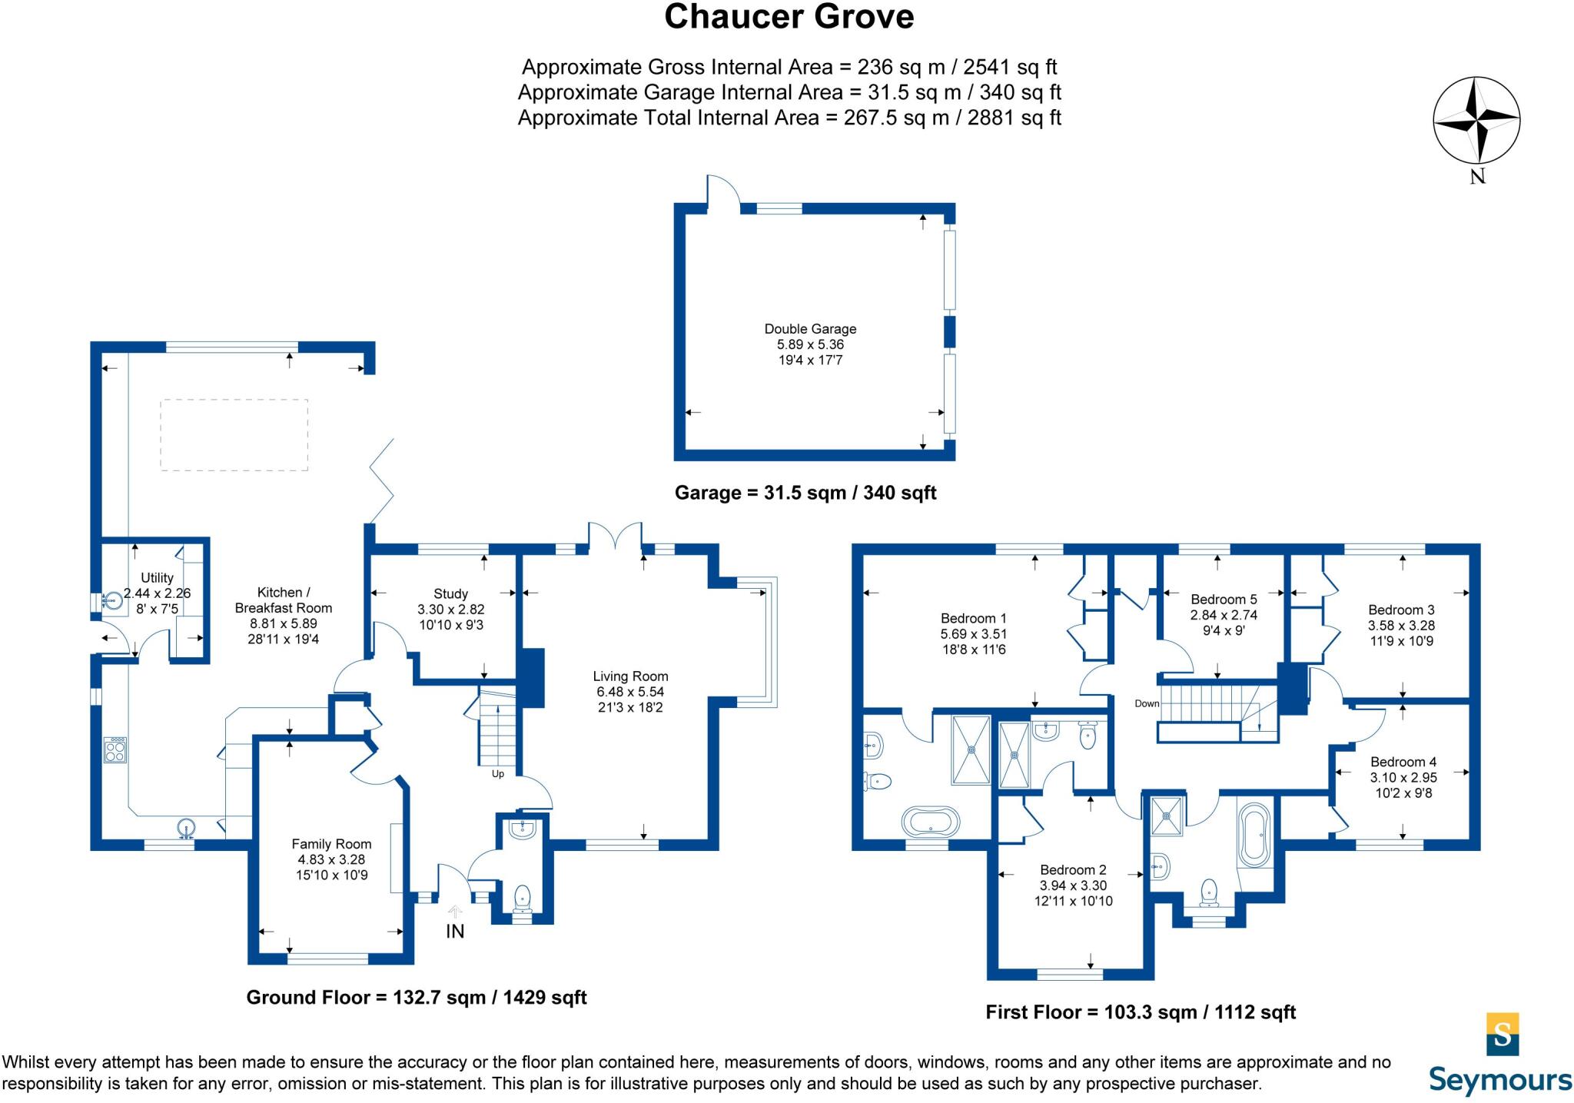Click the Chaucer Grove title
789,17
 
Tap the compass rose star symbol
1476,121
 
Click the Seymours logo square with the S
1503,1035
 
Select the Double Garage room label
810,329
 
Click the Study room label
450,594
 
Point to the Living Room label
630,676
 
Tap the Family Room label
331,844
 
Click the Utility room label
157,578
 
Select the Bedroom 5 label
1224,600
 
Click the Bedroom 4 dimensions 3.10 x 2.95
1403,777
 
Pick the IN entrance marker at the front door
455,931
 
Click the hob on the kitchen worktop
115,749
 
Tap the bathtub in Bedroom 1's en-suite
931,821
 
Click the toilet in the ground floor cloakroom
522,896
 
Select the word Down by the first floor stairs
1147,703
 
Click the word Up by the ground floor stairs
498,774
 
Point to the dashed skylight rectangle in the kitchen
234,434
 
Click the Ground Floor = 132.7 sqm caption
416,998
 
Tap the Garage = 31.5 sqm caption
805,493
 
